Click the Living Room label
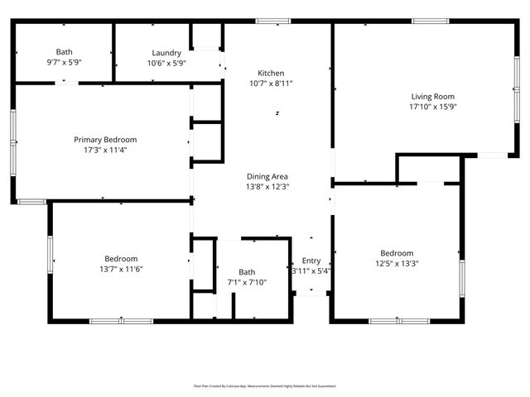[433, 96]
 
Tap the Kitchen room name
[271, 73]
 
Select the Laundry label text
[166, 53]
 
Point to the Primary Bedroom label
[105, 140]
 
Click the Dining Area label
[267, 176]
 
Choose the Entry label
[311, 261]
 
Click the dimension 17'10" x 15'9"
[433, 107]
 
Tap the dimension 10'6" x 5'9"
[166, 63]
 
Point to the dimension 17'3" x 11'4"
[105, 151]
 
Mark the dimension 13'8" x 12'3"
[267, 187]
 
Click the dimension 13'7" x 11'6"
[121, 269]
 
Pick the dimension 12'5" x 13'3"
[397, 264]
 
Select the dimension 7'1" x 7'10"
[247, 282]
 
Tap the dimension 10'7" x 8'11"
[271, 84]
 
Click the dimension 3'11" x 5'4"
[311, 271]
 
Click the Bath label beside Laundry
[64, 52]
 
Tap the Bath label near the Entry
[247, 271]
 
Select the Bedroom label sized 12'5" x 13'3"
[397, 253]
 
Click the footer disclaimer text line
[265, 386]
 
